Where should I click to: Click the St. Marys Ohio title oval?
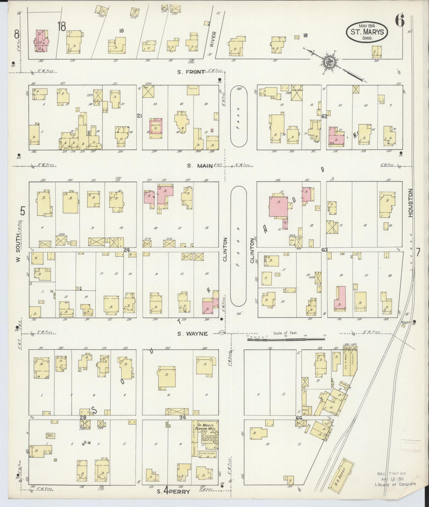tap(367, 32)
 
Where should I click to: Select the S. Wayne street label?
tap(192, 334)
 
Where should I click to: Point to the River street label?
tap(213, 39)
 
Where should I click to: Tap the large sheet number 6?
tap(399, 21)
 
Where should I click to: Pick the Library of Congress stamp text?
tap(395, 484)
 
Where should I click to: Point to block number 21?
tap(139, 116)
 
